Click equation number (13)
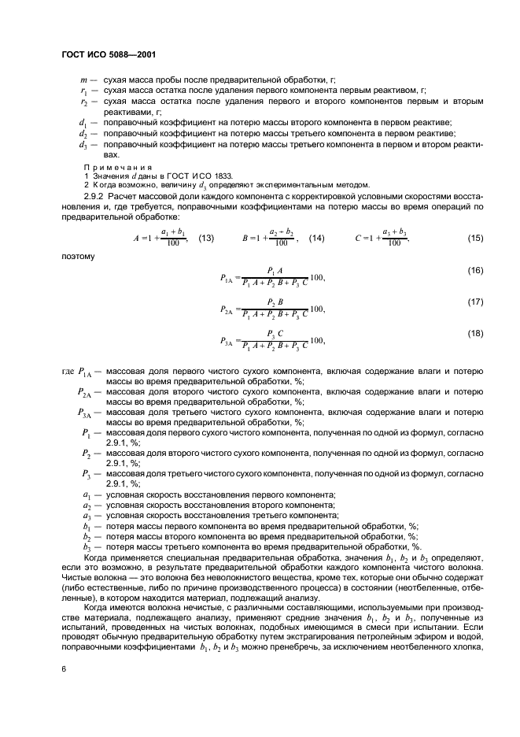pos(207,238)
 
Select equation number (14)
pos(317,238)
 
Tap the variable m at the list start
pos(83,80)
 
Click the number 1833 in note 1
pos(223,175)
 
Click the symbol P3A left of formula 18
pos(227,341)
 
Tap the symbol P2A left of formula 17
pos(227,309)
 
